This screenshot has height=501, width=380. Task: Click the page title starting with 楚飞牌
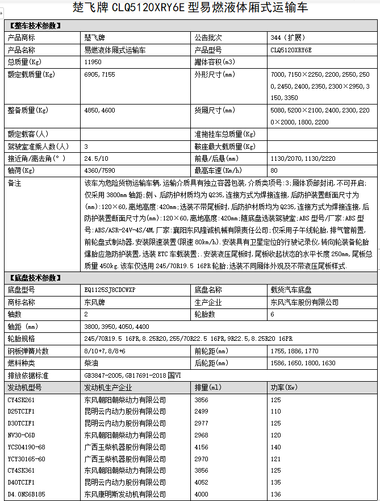click(190, 8)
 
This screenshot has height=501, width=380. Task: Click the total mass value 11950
click(93, 61)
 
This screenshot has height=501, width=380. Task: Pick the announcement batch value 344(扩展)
click(289, 38)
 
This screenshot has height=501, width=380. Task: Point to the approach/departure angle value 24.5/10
click(95, 158)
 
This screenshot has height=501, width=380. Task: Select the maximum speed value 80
click(274, 170)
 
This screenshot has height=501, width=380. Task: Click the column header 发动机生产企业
click(108, 387)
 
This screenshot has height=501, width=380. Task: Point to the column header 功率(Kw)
click(285, 387)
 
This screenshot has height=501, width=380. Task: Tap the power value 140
click(276, 446)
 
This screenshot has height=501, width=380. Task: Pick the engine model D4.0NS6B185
click(26, 494)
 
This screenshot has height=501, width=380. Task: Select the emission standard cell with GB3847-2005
click(131, 375)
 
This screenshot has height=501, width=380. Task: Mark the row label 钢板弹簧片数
click(28, 351)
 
